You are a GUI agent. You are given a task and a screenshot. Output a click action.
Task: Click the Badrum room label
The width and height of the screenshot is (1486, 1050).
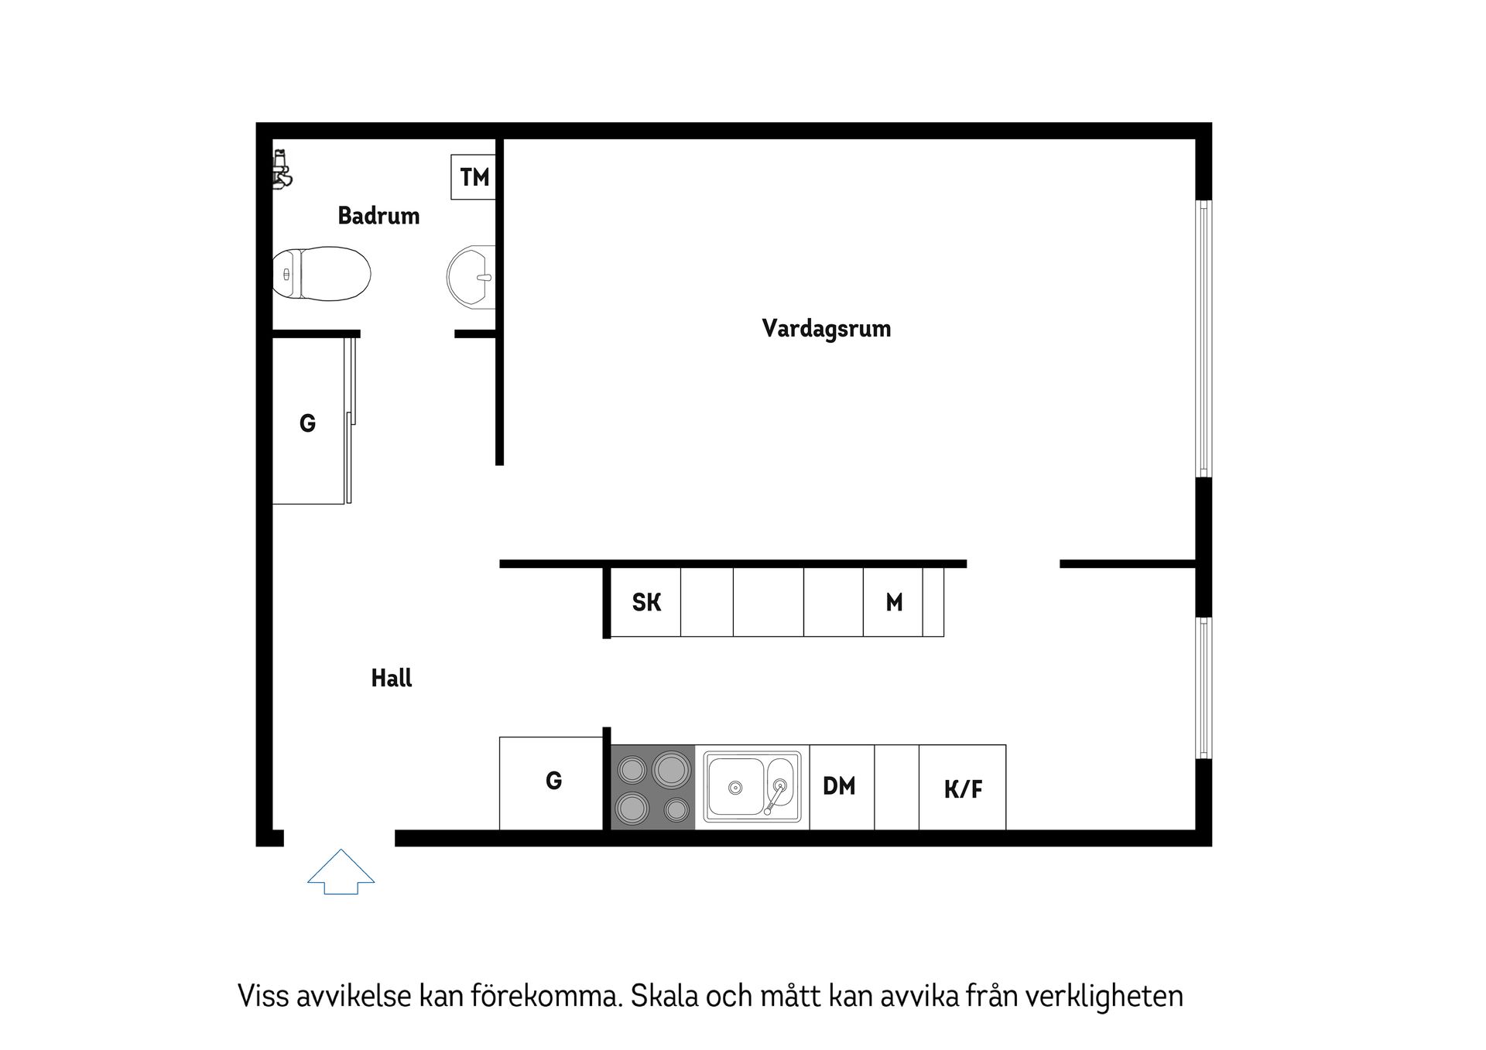378,216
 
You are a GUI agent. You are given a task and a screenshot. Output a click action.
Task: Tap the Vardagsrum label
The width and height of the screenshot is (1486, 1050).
826,329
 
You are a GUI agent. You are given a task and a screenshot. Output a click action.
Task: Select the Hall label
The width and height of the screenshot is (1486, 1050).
391,679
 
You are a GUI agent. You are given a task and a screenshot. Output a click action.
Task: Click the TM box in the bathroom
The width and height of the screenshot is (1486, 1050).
474,177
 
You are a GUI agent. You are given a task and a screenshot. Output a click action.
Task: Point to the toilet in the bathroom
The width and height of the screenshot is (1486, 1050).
321,273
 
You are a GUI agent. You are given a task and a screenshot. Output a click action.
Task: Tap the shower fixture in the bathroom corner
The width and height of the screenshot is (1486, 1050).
282,169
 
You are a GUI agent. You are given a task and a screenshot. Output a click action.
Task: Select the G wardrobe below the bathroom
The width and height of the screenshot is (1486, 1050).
308,423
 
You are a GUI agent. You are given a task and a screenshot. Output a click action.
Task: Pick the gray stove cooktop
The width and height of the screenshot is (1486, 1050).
653,787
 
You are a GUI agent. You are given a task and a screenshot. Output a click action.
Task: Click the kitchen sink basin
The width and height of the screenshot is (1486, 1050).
736,786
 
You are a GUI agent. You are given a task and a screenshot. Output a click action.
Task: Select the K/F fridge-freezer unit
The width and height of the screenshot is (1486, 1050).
963,788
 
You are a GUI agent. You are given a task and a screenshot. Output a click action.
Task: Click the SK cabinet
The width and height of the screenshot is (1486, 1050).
646,602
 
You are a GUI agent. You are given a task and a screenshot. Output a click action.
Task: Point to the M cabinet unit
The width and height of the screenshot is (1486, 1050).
893,602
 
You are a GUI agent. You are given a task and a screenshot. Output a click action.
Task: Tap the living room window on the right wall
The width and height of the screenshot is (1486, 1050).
1204,338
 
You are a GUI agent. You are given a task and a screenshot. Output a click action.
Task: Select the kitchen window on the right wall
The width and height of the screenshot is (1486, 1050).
1204,688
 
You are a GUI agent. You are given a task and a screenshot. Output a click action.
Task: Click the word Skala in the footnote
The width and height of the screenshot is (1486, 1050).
663,996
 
